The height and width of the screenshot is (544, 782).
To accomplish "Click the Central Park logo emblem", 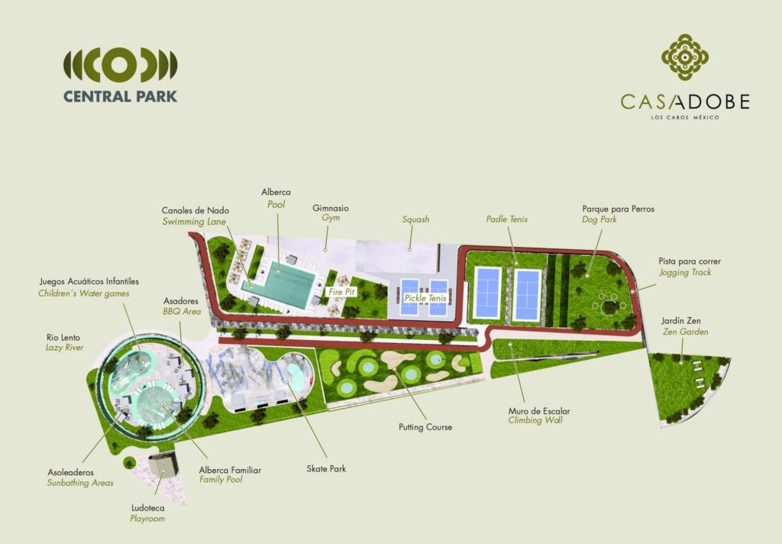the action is [120, 66].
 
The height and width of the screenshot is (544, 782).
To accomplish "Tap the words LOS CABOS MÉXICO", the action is [685, 117].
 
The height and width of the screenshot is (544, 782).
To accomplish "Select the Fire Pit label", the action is [340, 291].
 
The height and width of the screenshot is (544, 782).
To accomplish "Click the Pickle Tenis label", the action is [425, 297].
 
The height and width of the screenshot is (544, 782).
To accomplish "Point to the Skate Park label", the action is [327, 468].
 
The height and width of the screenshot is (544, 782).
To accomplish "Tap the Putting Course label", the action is [427, 427].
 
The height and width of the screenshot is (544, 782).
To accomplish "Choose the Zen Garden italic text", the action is [685, 332].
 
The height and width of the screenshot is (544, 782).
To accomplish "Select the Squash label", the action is [415, 219].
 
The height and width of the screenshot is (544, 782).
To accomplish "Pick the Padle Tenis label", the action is [506, 219].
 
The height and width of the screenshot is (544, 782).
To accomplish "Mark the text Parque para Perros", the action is [618, 209].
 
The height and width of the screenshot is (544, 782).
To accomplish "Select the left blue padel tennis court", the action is [487, 293].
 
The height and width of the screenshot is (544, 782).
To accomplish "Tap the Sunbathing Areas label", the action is [80, 483].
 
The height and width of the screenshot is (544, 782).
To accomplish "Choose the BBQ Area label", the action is [182, 312].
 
